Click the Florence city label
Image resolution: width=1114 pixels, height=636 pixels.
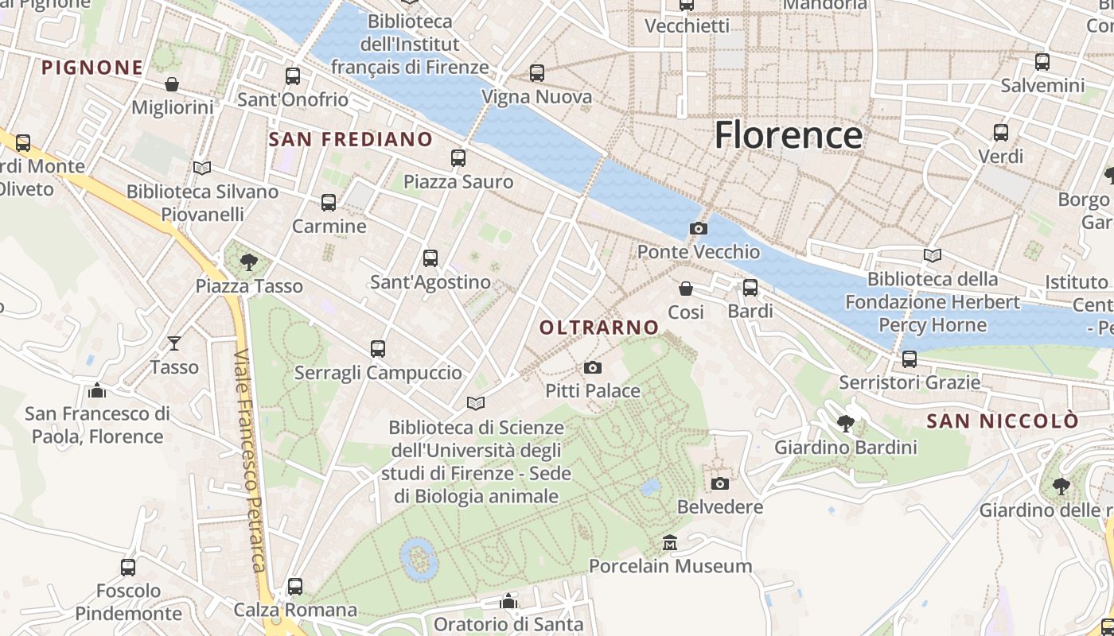(x=788, y=135)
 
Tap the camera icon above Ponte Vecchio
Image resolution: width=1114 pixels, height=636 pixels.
(x=698, y=229)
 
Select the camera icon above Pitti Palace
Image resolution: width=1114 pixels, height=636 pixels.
(x=592, y=367)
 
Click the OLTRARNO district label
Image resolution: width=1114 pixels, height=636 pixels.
(x=599, y=327)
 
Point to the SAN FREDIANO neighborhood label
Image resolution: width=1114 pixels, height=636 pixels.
(x=351, y=140)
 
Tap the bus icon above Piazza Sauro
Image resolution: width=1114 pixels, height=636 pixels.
(x=458, y=158)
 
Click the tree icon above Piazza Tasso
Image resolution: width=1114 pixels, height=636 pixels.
(x=249, y=262)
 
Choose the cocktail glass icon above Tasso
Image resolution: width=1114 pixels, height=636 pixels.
(x=173, y=343)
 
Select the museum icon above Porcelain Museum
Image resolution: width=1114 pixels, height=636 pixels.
(x=670, y=543)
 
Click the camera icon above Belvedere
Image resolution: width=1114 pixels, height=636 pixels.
(x=719, y=483)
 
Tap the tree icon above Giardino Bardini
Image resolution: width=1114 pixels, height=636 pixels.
(x=845, y=424)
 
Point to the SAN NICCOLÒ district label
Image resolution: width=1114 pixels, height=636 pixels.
(x=1003, y=421)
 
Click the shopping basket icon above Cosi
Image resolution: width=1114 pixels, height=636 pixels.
(x=685, y=289)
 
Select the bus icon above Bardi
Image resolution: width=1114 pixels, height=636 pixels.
(x=750, y=288)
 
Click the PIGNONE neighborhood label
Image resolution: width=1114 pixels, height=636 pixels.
(x=92, y=68)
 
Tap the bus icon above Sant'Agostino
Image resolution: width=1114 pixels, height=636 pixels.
(x=430, y=258)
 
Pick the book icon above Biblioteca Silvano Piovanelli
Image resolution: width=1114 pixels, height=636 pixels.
(x=202, y=168)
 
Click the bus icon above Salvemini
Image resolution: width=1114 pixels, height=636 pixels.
(x=1042, y=62)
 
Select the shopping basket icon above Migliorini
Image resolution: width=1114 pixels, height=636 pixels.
(x=172, y=84)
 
